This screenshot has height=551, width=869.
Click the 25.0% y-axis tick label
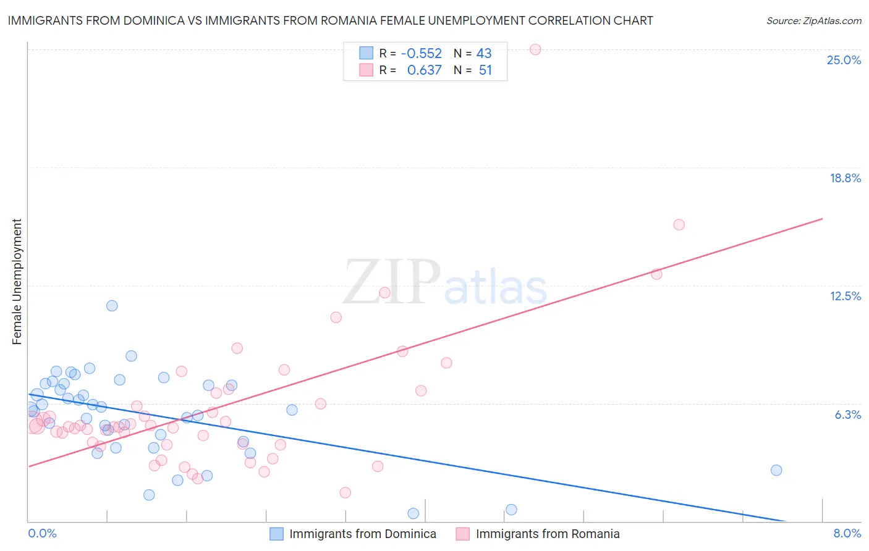point(844,60)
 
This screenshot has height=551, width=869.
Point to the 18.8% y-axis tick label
point(845,178)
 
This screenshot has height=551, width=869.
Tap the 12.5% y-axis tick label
point(845,296)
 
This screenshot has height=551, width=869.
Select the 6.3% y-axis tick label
point(847,414)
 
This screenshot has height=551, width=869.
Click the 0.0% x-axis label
point(42,533)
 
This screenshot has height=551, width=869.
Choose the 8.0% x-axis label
point(847,533)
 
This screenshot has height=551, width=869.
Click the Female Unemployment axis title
point(17,282)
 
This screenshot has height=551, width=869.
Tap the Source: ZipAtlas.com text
point(813,21)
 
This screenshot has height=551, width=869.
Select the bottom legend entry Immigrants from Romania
point(547,534)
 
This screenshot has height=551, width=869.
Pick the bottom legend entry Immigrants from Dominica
point(362,534)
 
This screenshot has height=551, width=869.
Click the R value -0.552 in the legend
point(421,54)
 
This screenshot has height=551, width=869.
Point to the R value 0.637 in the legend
point(424,70)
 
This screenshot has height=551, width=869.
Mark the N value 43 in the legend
point(484,54)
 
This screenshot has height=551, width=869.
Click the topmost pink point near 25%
point(535,49)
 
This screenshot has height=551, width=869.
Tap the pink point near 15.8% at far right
point(679,225)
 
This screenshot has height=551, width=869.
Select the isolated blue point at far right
point(776,470)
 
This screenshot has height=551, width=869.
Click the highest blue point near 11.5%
point(112,306)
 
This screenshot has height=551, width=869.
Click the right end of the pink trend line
point(822,219)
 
